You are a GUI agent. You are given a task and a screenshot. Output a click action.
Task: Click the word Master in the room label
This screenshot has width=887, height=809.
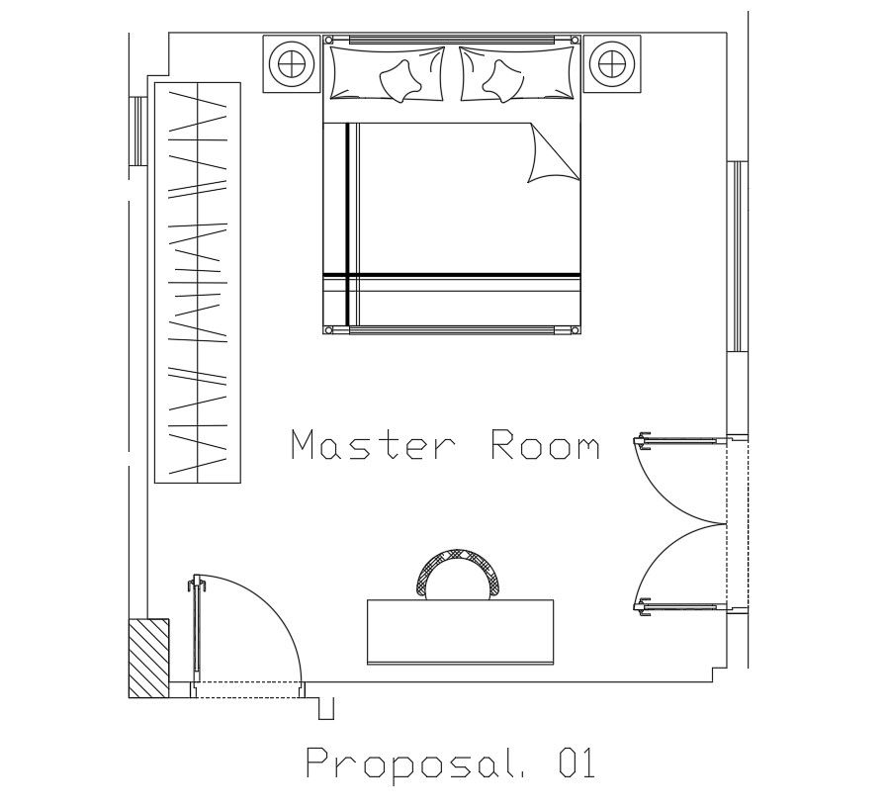click(374, 446)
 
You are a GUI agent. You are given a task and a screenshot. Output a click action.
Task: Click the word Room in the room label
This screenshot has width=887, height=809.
click(545, 446)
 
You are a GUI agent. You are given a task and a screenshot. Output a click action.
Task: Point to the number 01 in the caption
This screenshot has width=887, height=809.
click(576, 764)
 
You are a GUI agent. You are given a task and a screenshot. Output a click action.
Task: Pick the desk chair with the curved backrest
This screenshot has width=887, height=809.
click(461, 572)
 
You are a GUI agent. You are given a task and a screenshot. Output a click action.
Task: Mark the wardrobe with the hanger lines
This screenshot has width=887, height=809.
click(198, 283)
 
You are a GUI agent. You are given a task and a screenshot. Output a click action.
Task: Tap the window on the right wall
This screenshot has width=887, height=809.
click(737, 255)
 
